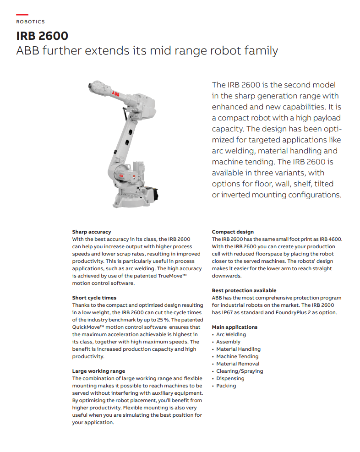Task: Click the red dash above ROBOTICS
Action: pyautogui.click(x=22, y=15)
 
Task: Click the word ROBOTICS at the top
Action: pyautogui.click(x=31, y=22)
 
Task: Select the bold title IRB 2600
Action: pyautogui.click(x=42, y=36)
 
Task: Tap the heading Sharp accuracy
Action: pyautogui.click(x=92, y=232)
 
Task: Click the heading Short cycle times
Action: pyautogui.click(x=94, y=298)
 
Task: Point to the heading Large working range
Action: pyautogui.click(x=98, y=371)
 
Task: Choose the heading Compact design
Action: pyautogui.click(x=233, y=232)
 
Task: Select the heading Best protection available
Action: pyautogui.click(x=244, y=290)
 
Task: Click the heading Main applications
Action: pyautogui.click(x=235, y=327)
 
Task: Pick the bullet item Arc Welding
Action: pyautogui.click(x=231, y=334)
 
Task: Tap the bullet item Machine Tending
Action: pyautogui.click(x=237, y=356)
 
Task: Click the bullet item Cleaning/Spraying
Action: pyautogui.click(x=240, y=371)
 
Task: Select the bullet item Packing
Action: pyautogui.click(x=226, y=386)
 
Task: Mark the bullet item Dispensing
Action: pyautogui.click(x=230, y=378)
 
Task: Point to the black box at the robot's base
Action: pyautogui.click(x=153, y=195)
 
